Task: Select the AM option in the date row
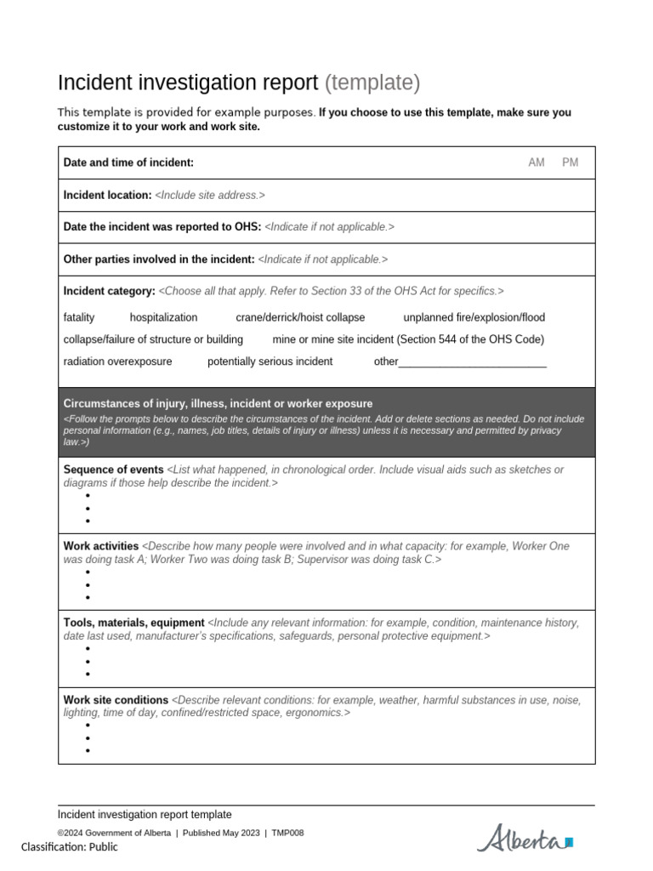(x=537, y=162)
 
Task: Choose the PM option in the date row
(x=570, y=162)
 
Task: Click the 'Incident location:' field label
(x=107, y=195)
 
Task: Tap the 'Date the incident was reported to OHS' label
(x=162, y=227)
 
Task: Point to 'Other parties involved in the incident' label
(x=159, y=259)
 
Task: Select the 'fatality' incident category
(x=79, y=317)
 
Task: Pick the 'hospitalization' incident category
(x=163, y=317)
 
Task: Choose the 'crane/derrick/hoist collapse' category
(x=300, y=317)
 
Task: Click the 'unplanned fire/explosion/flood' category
(x=474, y=317)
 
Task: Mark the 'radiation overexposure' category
(x=117, y=361)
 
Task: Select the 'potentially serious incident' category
(x=270, y=361)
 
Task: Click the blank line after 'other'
(x=472, y=362)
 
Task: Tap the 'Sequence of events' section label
(x=113, y=470)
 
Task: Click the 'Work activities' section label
(x=100, y=546)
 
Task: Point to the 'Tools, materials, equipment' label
(x=133, y=623)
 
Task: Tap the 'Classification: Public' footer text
(x=70, y=847)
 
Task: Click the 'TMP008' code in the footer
(x=287, y=833)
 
